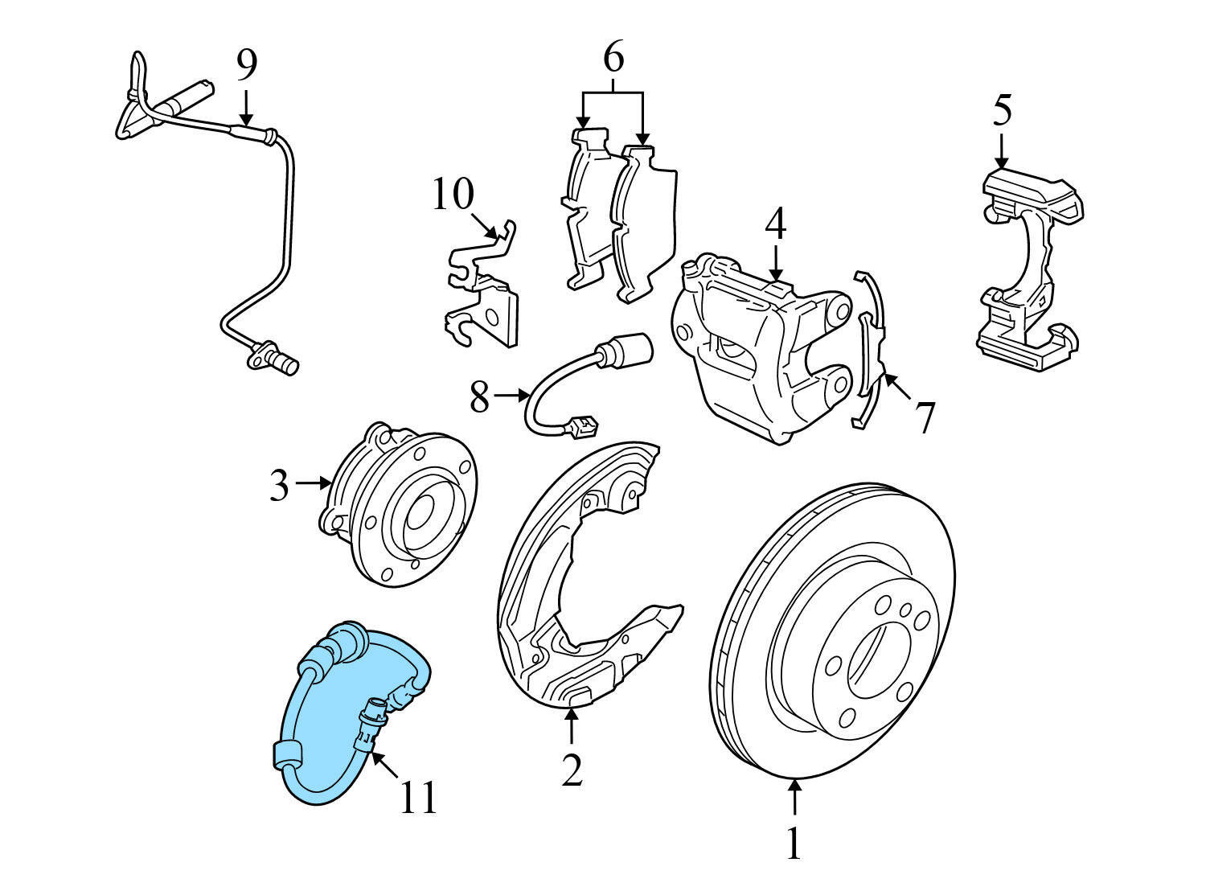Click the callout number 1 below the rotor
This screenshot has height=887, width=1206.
tap(794, 844)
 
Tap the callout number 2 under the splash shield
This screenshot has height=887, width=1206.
tap(571, 770)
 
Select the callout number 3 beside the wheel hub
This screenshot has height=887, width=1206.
tap(278, 485)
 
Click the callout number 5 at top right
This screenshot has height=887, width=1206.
tap(1001, 111)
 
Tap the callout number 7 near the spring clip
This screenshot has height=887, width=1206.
tap(925, 417)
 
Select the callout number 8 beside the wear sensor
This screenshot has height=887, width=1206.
tap(479, 396)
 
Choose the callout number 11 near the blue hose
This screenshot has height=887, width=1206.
tap(418, 796)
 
